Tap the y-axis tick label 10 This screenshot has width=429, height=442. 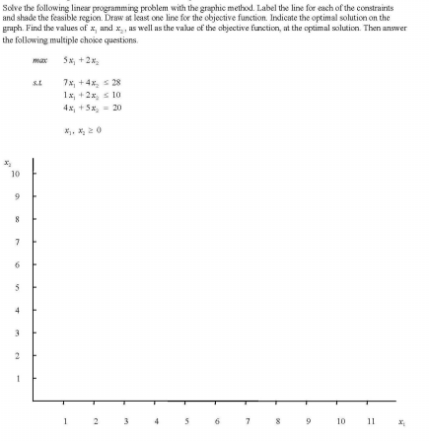coord(15,174)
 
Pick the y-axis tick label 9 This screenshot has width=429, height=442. coord(17,196)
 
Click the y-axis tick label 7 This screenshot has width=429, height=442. coord(17,242)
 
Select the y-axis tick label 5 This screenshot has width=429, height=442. coord(17,287)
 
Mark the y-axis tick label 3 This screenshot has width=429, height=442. coord(17,332)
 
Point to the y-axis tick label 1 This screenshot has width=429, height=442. coord(17,379)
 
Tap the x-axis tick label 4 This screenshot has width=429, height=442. coord(156,420)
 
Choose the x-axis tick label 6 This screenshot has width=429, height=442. coord(217,420)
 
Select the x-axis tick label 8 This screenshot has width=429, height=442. coord(278,420)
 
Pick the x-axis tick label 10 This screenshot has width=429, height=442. coord(340,420)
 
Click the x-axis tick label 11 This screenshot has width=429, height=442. coord(371,420)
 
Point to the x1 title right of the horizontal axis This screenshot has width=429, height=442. coord(402,421)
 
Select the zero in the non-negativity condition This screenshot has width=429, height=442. coord(101,129)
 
